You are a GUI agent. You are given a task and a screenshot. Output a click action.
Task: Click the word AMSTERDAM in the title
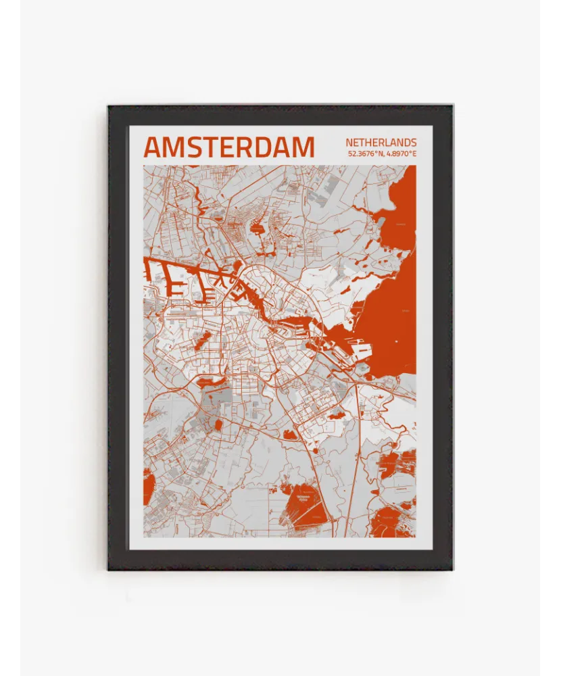coord(228,147)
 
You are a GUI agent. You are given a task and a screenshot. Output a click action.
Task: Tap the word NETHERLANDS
coord(381,143)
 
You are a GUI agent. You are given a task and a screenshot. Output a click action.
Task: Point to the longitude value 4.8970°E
coord(401,154)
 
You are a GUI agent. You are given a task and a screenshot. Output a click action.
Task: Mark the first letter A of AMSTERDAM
coord(153,147)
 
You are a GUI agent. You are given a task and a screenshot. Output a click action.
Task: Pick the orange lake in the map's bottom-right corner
coord(392,524)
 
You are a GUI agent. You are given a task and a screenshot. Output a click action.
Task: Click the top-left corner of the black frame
coord(108,105)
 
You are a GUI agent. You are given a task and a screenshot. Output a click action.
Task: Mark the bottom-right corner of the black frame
coord(452,569)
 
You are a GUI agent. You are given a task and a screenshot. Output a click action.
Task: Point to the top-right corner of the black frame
coord(452,105)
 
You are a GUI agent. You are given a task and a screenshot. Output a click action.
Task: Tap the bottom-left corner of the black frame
coord(108,569)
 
